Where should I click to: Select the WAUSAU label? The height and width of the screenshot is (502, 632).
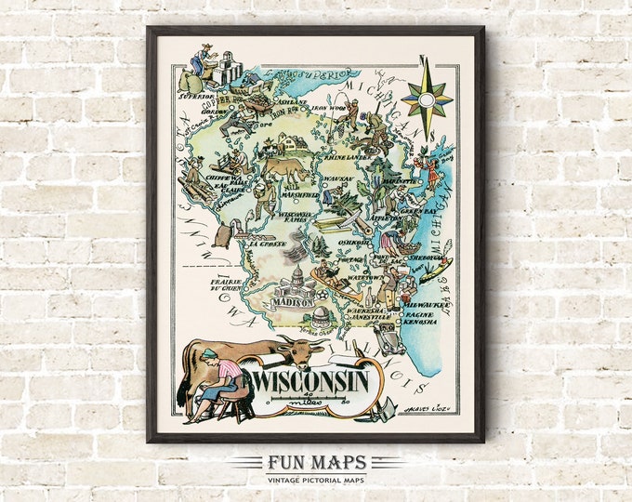click(333, 178)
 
